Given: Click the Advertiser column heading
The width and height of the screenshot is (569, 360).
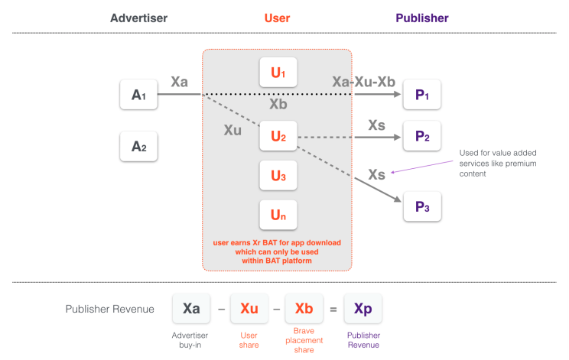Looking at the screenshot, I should coord(138,18).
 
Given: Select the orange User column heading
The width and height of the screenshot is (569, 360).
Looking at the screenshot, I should coord(277,18).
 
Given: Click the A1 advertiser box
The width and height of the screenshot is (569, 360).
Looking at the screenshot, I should coord(138,95).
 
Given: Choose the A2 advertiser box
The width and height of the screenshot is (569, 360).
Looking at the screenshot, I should coord(138,145).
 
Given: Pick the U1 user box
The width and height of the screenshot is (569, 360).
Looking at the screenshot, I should coord(278,73).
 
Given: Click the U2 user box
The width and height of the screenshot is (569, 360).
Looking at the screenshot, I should coord(278,137).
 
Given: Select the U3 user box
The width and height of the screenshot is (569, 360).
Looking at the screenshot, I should coord(278,177).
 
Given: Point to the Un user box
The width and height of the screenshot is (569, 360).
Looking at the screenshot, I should coord(278,216).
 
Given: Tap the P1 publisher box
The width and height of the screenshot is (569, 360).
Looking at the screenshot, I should coord(422,95).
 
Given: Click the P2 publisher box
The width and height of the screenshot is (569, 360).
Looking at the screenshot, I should coord(422,137).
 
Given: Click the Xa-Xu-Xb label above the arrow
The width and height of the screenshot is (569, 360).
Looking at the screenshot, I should coord(363,82).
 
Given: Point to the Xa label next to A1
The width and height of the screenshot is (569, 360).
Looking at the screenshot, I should coord(180,82).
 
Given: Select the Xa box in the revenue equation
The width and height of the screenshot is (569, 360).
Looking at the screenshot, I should coord(192,309).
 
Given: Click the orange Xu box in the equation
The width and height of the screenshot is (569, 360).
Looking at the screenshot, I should coord(249,309).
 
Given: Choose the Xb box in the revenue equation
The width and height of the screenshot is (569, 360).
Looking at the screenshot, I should coord(304,309).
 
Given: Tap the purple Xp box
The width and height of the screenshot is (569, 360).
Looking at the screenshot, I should coord(363,309).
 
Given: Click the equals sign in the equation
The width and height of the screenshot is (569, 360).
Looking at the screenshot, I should coord(333,309).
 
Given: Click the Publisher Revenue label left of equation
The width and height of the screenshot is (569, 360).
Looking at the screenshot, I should coord(111,310).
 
